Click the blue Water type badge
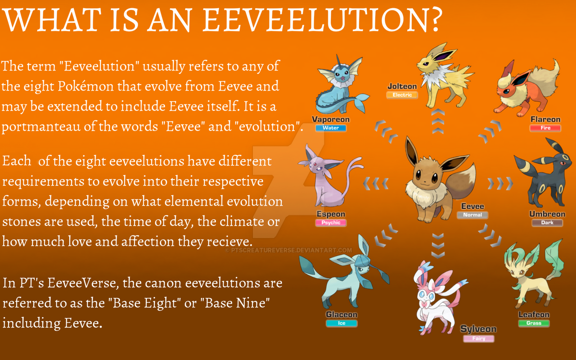(x=331, y=128)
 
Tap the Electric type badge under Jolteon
(x=402, y=95)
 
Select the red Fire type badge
(x=545, y=128)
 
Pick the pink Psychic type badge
(x=331, y=222)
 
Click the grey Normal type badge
(x=472, y=215)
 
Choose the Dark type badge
(x=547, y=222)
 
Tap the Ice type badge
(x=342, y=323)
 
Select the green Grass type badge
(x=534, y=323)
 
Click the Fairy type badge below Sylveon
(x=478, y=338)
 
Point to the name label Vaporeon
(x=331, y=119)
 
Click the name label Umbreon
(x=547, y=214)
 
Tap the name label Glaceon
(x=342, y=315)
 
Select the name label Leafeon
(x=534, y=315)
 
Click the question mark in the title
(x=435, y=19)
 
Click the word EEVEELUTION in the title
(x=314, y=20)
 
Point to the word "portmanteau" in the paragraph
(x=41, y=127)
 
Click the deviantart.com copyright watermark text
(x=288, y=250)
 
